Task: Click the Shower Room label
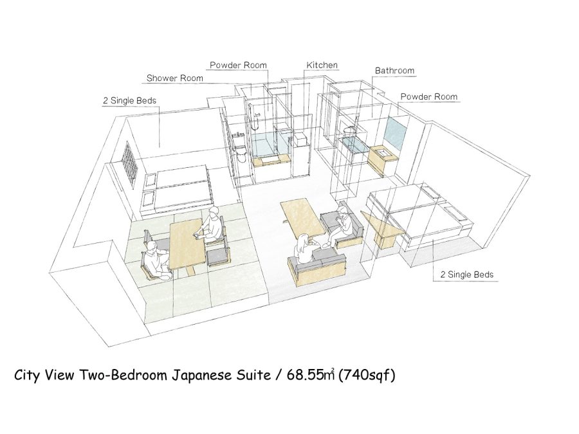tap(174, 78)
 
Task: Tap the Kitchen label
tap(322, 65)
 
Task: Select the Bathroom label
tap(394, 71)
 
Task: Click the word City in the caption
tap(26, 375)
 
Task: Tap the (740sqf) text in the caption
tap(367, 375)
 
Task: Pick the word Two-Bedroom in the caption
tap(123, 375)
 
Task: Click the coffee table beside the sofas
tap(303, 218)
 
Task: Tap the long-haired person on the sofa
tap(306, 248)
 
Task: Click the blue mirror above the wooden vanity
tap(395, 132)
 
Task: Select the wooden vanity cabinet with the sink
tap(383, 159)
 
